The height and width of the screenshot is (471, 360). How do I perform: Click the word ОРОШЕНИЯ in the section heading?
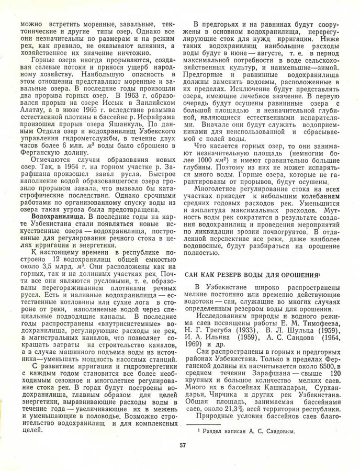[297, 275]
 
